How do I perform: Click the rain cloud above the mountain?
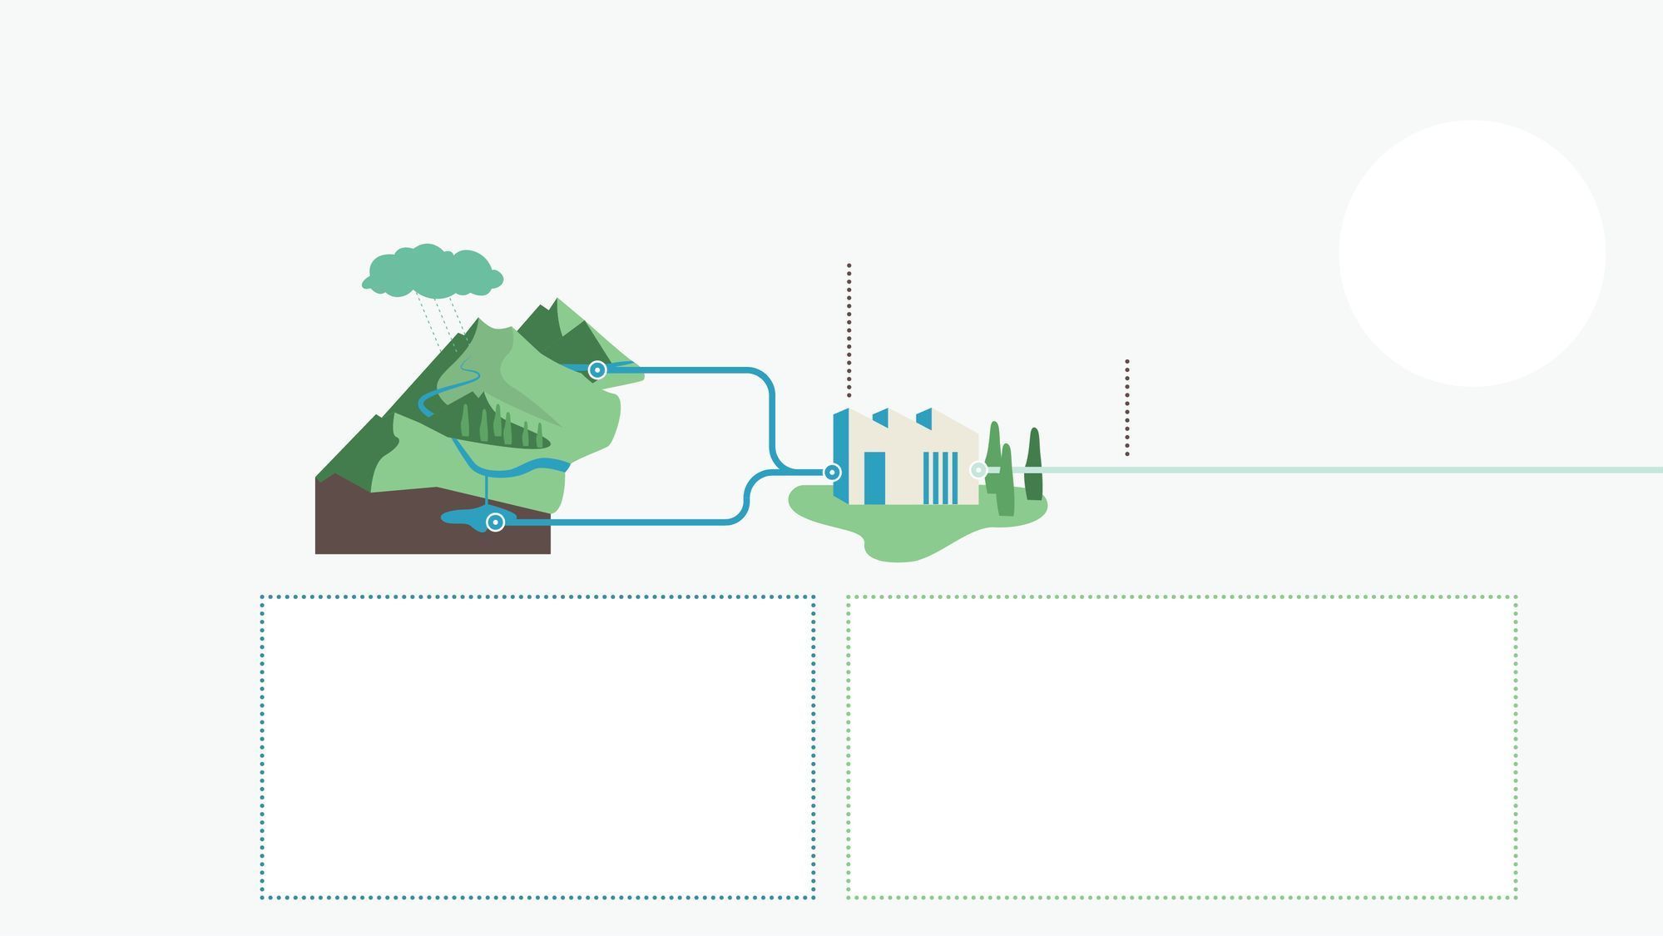click(433, 271)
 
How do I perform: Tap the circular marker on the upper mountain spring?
click(596, 369)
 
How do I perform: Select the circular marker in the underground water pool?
click(495, 522)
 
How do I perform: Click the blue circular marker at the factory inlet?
click(831, 472)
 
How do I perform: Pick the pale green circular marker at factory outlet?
click(978, 470)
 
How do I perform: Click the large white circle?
click(1472, 253)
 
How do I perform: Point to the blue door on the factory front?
click(874, 478)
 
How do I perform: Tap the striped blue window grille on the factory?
click(941, 478)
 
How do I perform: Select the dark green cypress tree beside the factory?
click(1034, 466)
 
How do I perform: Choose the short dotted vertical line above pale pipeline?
click(1127, 408)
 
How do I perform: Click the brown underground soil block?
click(374, 524)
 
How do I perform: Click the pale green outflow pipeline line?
click(1331, 470)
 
